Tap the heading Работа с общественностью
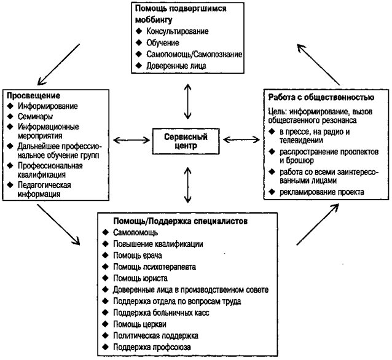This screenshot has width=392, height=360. tap(319, 97)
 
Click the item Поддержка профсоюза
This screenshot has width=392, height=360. tap(151, 346)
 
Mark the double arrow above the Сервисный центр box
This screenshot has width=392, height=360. tap(187, 101)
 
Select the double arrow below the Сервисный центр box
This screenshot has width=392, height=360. tap(186, 184)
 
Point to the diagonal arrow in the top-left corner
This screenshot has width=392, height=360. tap(58, 63)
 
